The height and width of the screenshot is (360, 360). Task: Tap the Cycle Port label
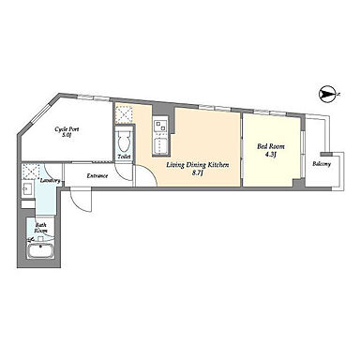(67, 129)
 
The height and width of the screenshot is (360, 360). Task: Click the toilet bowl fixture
(125, 142)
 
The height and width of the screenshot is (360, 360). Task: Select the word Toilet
(124, 157)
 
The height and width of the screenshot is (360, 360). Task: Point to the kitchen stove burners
(160, 125)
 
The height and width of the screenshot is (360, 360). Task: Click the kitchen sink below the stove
(160, 144)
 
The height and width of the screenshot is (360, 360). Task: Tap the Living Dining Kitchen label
(198, 165)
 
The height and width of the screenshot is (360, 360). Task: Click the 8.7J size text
(198, 173)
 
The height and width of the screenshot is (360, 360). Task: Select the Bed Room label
(271, 146)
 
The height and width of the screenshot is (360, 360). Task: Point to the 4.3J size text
(271, 155)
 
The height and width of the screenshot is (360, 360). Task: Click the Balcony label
(322, 164)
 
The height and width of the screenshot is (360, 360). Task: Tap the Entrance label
(97, 176)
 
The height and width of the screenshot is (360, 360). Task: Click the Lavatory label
(50, 181)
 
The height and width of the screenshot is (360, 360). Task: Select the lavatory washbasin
(27, 188)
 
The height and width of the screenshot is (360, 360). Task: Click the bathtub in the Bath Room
(41, 250)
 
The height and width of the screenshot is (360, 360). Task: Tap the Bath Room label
(41, 228)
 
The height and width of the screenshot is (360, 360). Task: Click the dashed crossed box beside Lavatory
(31, 171)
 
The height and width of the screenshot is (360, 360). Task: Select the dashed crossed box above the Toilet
(124, 114)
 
